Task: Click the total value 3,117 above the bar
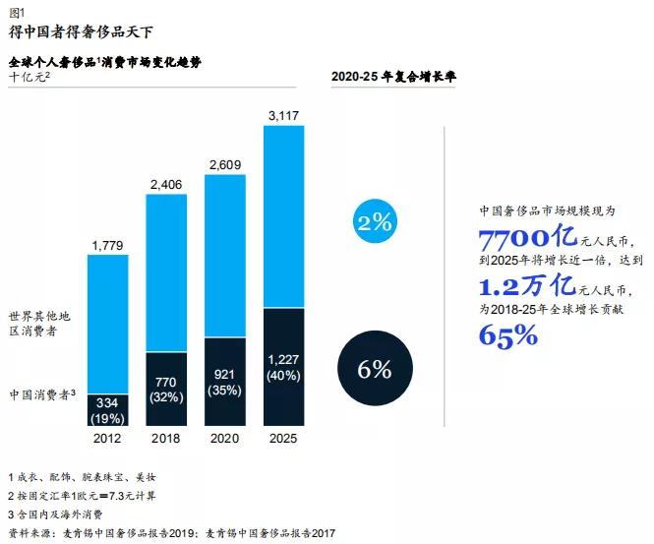coord(283,117)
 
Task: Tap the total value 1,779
coord(108,245)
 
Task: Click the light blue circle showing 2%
coord(375,222)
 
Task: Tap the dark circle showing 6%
coord(375,370)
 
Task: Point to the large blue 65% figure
coord(507,335)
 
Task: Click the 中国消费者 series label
coord(45,394)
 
